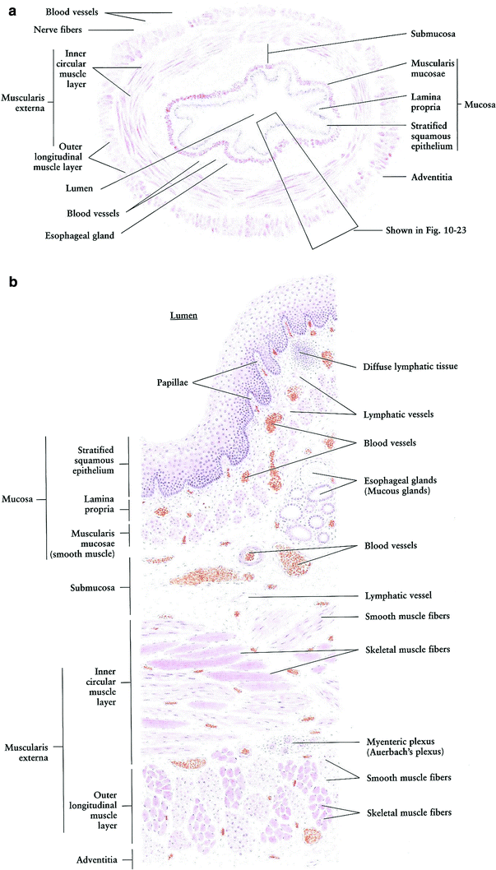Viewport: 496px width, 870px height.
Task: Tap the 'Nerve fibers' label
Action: pos(59,30)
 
